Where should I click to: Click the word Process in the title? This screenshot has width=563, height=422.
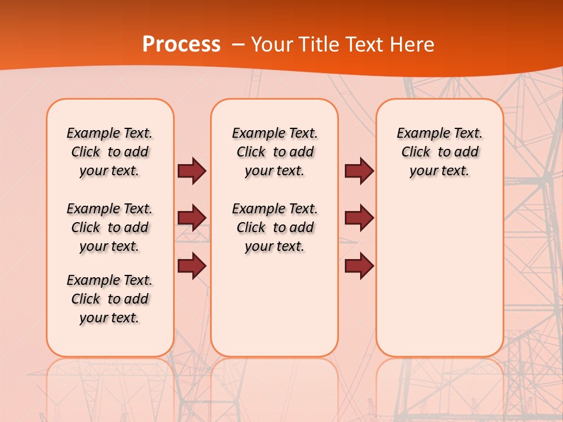coord(181,45)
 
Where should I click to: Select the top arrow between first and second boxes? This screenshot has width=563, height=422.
coord(192,171)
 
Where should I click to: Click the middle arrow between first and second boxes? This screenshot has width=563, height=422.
coord(192,218)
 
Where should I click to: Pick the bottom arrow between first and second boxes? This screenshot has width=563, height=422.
coord(192,266)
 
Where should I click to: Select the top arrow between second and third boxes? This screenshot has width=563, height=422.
coord(359,171)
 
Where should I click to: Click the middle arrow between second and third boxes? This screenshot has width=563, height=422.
coord(359,218)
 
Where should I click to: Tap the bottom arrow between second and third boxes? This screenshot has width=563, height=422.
coord(359,266)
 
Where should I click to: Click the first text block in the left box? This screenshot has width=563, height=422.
coord(110,152)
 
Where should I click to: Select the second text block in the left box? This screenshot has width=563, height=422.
coord(110,227)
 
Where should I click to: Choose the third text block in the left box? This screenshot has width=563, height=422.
coord(110,299)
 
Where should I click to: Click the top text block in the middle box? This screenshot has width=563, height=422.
coord(274,152)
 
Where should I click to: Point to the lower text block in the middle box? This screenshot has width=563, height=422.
coord(274,227)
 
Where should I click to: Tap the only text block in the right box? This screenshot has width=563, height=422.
coord(439,152)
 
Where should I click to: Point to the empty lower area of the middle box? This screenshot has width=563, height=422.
coord(274,305)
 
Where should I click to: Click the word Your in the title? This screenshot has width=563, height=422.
coord(271,45)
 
